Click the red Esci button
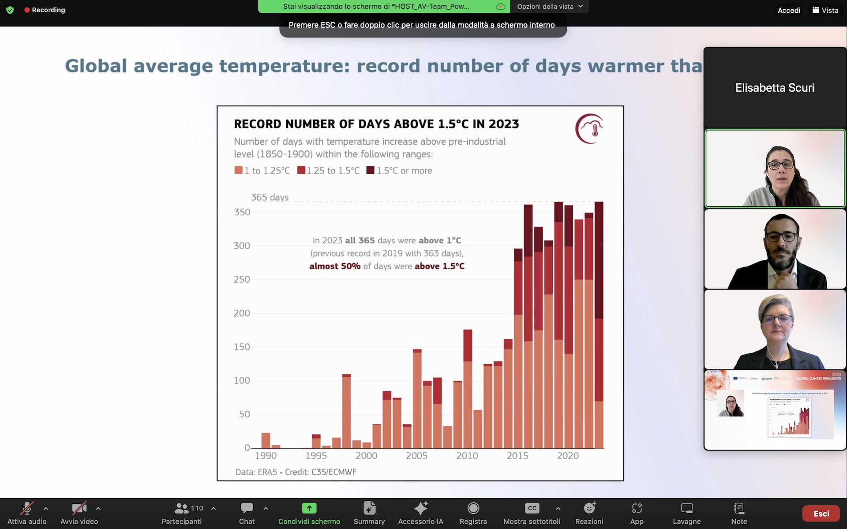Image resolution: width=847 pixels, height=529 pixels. coord(821,514)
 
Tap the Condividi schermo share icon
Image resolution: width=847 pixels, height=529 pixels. coord(309,508)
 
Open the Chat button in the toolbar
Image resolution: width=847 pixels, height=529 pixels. coord(247,508)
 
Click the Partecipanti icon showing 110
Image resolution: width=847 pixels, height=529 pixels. coord(182,508)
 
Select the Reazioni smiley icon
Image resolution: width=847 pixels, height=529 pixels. coord(589,508)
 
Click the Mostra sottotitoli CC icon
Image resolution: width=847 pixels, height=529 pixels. coord(532,508)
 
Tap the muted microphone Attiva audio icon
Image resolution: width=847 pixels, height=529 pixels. coord(27,508)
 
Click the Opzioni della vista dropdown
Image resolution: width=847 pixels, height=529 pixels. coord(550,7)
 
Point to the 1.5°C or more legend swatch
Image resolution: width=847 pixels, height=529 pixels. coord(370,170)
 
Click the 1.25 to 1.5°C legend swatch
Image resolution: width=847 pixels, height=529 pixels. coord(301,170)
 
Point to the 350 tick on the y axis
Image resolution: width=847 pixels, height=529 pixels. coord(242,212)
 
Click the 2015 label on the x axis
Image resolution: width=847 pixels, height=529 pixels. coord(517,456)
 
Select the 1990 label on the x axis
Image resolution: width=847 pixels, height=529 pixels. coord(266,456)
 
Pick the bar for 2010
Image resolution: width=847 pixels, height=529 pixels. coord(467,388)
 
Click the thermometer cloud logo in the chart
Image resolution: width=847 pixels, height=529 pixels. coord(589,129)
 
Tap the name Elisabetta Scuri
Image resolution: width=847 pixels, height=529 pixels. coord(775,88)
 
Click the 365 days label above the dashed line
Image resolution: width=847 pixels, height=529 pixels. coord(270,197)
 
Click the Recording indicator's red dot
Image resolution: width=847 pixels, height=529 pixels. coord(27,10)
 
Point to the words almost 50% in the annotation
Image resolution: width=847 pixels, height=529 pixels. coord(334,266)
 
